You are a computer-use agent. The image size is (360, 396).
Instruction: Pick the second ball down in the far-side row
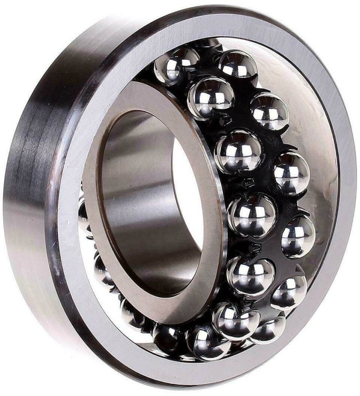(269, 111)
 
